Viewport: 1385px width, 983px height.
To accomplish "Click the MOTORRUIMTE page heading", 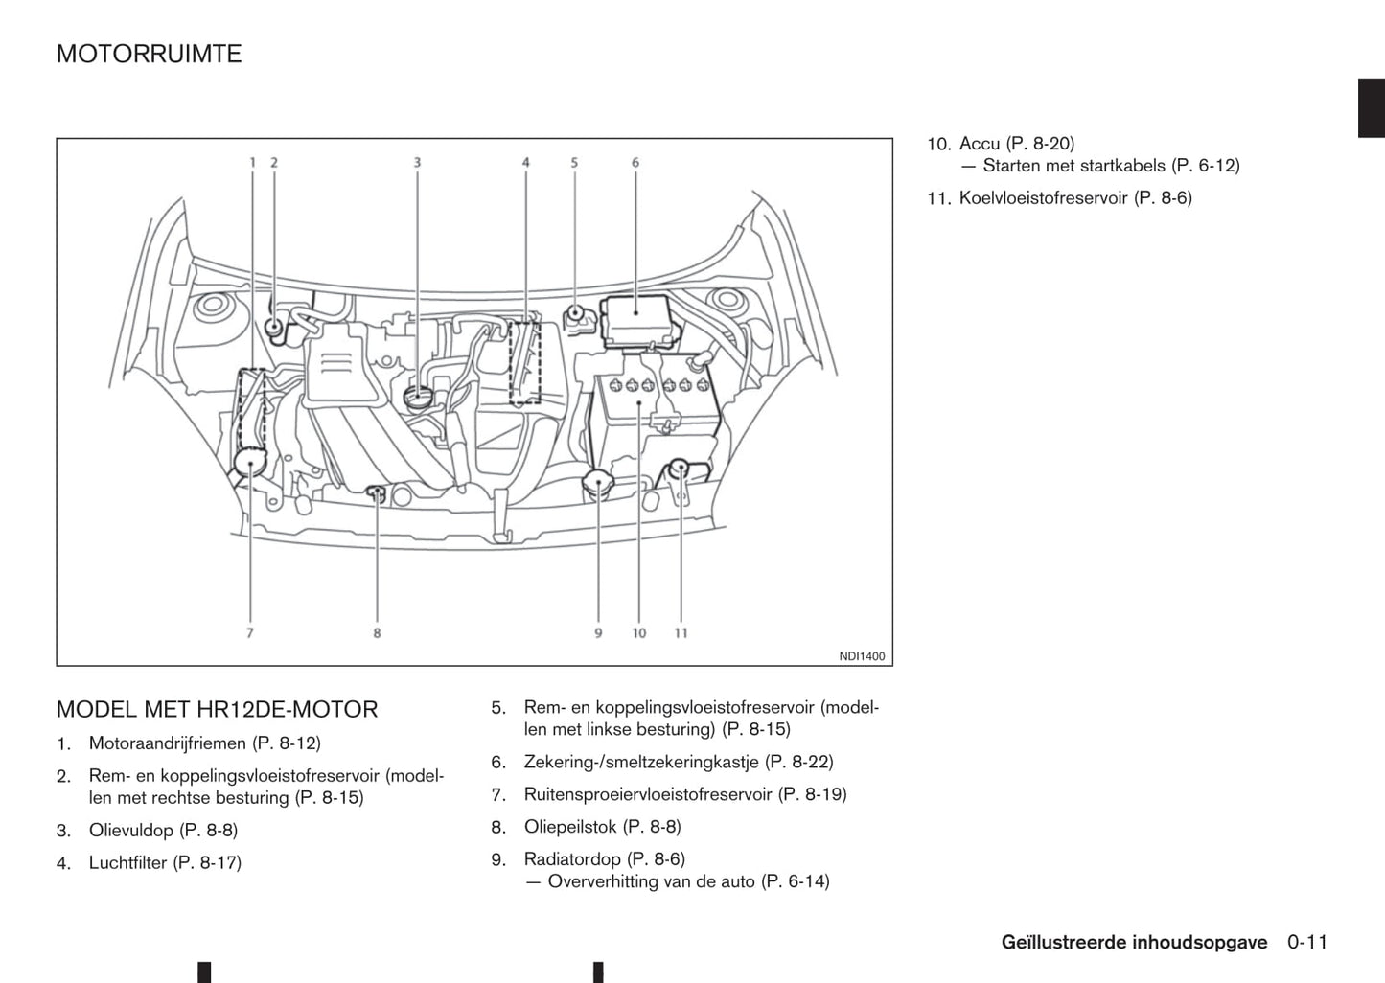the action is tap(149, 54).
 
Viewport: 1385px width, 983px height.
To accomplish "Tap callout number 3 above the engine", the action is tap(417, 163).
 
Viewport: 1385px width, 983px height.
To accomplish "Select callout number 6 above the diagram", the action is tap(635, 163).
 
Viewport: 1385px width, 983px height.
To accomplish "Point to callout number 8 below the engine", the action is tap(377, 633).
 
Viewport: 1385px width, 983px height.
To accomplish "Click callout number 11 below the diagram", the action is tap(681, 633).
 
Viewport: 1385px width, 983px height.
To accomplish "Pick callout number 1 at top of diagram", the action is tap(252, 163).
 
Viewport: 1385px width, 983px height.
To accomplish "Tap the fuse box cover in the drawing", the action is tap(636, 323).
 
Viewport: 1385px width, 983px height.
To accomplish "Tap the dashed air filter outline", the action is tap(525, 362).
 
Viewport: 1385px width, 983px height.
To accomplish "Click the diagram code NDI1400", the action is tap(862, 656).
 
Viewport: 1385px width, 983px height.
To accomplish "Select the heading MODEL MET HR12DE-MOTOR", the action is tap(217, 709).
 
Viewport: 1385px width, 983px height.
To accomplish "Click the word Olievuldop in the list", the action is tap(131, 831).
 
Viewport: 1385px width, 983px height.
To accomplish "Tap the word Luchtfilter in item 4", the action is tap(128, 862).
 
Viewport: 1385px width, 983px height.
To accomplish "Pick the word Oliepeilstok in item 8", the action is tap(570, 827).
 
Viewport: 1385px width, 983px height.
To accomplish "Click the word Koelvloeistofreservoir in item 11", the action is tap(1043, 197).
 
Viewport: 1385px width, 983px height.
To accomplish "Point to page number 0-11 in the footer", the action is tap(1307, 942).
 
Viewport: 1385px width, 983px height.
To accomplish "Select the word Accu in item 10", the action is tap(980, 144).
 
